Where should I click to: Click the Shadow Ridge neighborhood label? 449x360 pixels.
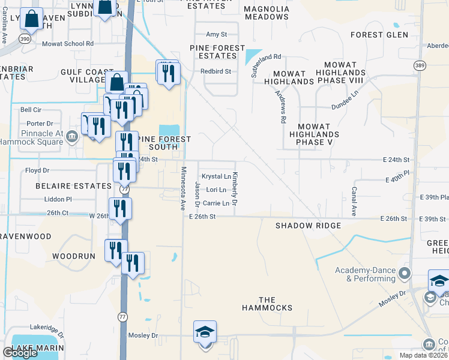point(308,226)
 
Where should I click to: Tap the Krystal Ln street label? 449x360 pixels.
point(216,176)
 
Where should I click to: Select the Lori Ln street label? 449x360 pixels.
point(215,190)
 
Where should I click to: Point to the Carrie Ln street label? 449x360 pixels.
point(216,203)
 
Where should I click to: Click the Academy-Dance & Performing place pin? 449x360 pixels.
point(405,274)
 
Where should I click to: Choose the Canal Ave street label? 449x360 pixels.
point(354,201)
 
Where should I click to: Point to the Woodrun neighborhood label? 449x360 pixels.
point(74,256)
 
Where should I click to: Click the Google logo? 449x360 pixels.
point(20,353)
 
